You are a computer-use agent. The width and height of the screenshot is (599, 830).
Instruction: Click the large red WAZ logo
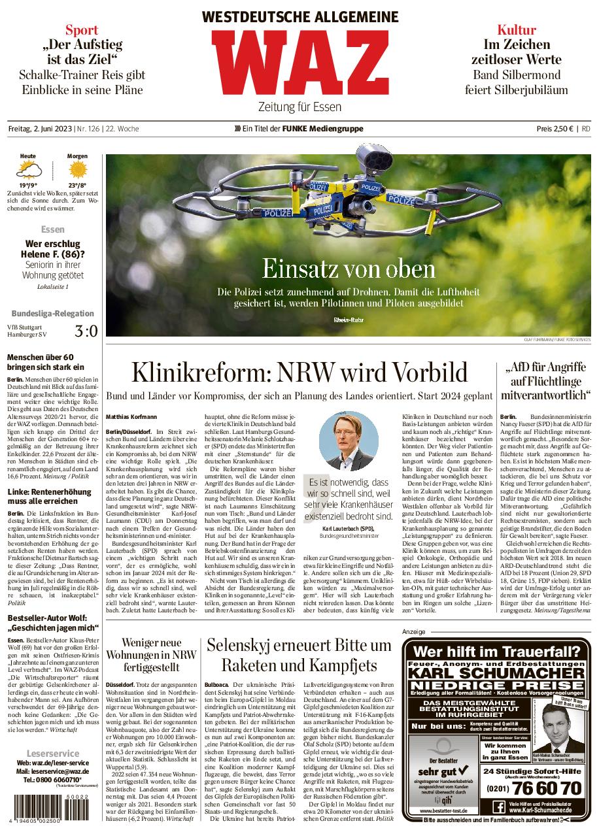(299, 64)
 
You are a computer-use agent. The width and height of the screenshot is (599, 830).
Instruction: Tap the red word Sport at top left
(82, 30)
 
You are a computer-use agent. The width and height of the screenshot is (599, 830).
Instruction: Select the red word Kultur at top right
(516, 30)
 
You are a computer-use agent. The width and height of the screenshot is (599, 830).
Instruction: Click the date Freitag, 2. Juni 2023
(40, 129)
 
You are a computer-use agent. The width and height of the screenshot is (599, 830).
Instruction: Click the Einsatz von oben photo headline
(348, 268)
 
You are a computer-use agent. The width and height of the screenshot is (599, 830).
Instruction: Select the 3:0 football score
(86, 331)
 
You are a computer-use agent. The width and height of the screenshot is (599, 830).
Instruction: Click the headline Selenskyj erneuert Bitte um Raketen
(298, 656)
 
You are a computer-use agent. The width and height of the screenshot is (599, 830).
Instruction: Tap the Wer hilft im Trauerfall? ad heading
(497, 651)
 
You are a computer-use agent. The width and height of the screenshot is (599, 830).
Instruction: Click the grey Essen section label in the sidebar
(53, 230)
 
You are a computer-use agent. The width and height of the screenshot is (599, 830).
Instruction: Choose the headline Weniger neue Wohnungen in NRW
(150, 657)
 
